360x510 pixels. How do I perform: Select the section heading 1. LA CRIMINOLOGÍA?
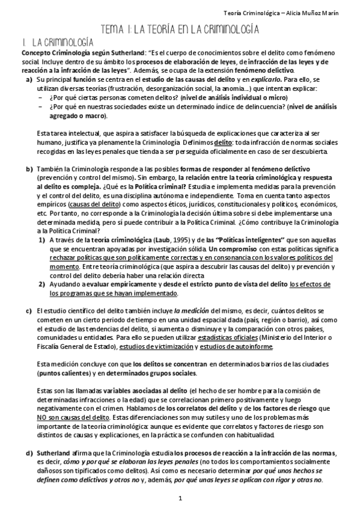pos(55,41)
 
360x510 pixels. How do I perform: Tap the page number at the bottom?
pos(180,499)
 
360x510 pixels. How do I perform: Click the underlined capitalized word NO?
pos(42,417)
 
